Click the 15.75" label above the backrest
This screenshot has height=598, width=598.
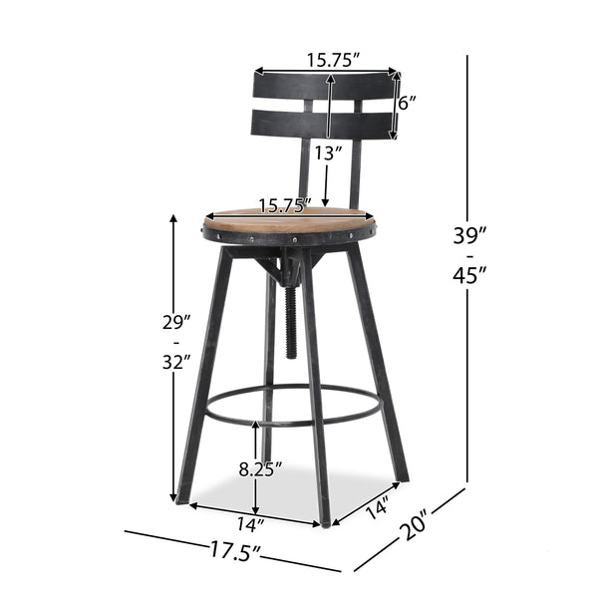328,59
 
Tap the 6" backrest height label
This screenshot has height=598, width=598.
409,103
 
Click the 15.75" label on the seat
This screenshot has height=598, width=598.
284,207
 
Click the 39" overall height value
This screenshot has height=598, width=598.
469,235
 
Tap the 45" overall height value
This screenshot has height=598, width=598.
469,276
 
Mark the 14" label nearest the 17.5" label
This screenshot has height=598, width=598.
252,521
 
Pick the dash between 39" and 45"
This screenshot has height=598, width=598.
468,256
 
